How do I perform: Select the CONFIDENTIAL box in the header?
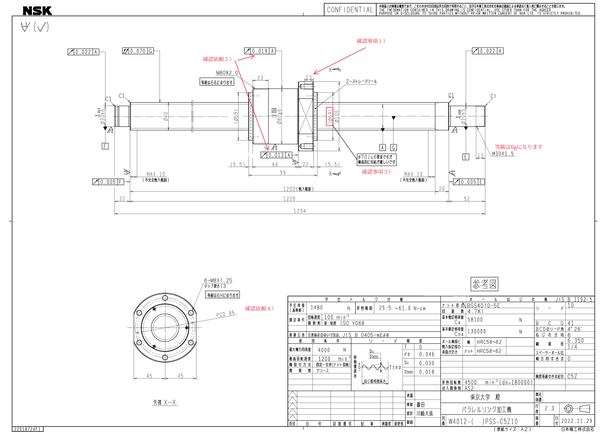click(x=350, y=10)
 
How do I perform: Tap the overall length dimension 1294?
click(x=300, y=211)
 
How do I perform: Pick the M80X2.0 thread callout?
click(x=226, y=73)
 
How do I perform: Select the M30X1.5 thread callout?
click(x=502, y=154)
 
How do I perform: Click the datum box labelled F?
click(x=106, y=146)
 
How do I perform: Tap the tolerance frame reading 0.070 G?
click(x=137, y=51)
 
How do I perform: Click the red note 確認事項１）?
click(x=372, y=41)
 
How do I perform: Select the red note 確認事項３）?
click(x=376, y=171)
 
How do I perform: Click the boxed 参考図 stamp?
click(x=484, y=284)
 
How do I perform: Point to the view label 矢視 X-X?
click(x=165, y=402)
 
